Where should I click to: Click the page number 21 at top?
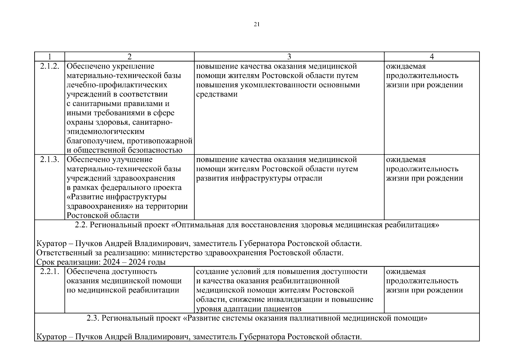(257, 25)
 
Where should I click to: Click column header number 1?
(49, 57)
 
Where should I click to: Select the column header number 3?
(289, 57)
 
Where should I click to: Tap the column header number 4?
(432, 57)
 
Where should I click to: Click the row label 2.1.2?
(49, 66)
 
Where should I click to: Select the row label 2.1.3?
(49, 159)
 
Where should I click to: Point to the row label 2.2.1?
(49, 272)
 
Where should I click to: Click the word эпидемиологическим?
(105, 132)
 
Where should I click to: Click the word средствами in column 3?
(217, 94)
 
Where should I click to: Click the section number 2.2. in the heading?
(81, 225)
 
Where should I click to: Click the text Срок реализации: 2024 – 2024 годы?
(101, 262)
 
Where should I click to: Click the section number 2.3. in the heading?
(93, 319)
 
